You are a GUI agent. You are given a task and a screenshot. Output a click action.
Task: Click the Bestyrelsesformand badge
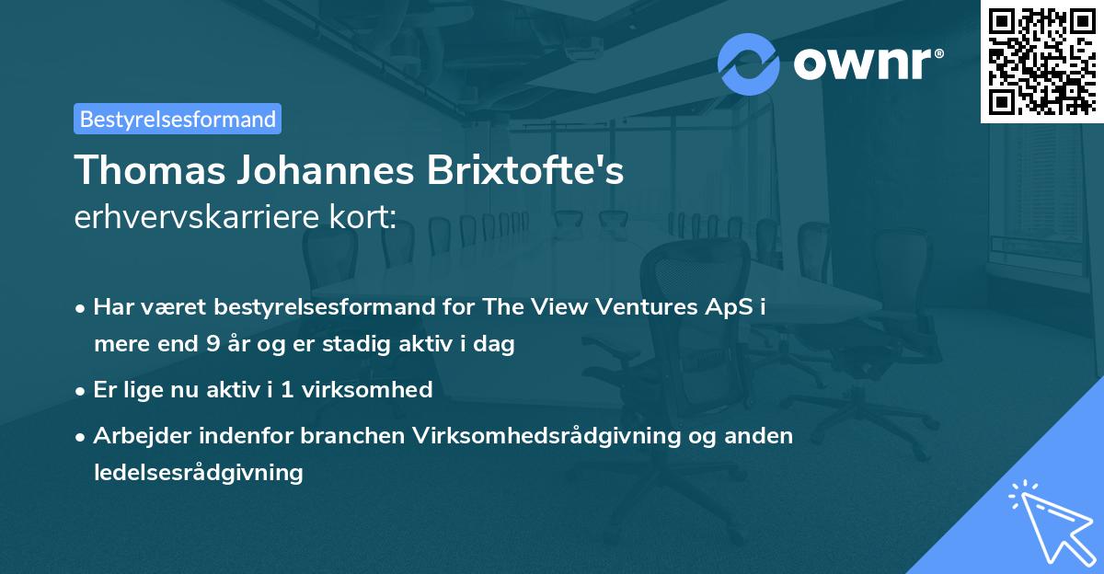[178, 119]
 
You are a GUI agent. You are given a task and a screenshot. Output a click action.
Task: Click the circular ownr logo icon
[749, 64]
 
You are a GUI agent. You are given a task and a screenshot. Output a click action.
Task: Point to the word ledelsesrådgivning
[198, 473]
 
